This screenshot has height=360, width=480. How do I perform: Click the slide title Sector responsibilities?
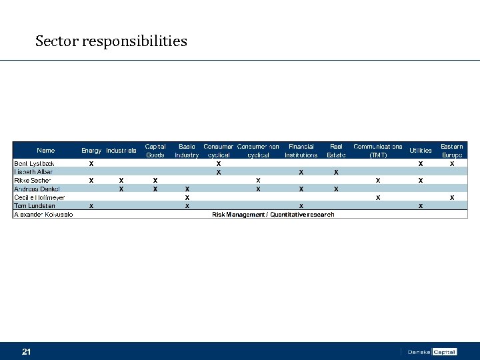pyautogui.click(x=111, y=41)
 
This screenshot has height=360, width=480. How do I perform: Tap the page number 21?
pyautogui.click(x=27, y=351)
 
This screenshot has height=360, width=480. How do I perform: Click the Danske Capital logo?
pyautogui.click(x=431, y=351)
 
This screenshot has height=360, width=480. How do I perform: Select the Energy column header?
pyautogui.click(x=91, y=151)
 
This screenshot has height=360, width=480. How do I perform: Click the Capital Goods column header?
pyautogui.click(x=155, y=151)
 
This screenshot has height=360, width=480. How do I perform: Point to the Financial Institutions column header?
pyautogui.click(x=301, y=151)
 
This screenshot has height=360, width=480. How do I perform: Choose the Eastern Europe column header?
pyautogui.click(x=452, y=151)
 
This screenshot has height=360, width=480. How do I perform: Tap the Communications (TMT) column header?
pyautogui.click(x=378, y=151)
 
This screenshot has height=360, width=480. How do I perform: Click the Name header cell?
pyautogui.click(x=46, y=151)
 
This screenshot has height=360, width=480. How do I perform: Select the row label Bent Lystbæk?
pyautogui.click(x=35, y=163)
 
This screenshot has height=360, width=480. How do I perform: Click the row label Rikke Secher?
pyautogui.click(x=33, y=181)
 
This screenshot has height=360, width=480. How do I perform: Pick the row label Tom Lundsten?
pyautogui.click(x=35, y=206)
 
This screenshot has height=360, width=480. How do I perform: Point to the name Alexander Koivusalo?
pyautogui.click(x=43, y=215)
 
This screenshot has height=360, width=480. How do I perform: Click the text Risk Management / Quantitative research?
pyautogui.click(x=273, y=215)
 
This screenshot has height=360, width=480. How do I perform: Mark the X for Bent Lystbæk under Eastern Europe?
pyautogui.click(x=452, y=163)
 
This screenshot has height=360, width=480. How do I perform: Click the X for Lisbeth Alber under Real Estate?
pyautogui.click(x=336, y=172)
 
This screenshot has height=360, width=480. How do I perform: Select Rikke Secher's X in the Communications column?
pyautogui.click(x=378, y=181)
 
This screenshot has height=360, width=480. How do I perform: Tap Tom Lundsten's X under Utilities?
pyautogui.click(x=420, y=206)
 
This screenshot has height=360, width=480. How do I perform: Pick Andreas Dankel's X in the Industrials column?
pyautogui.click(x=121, y=189)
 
